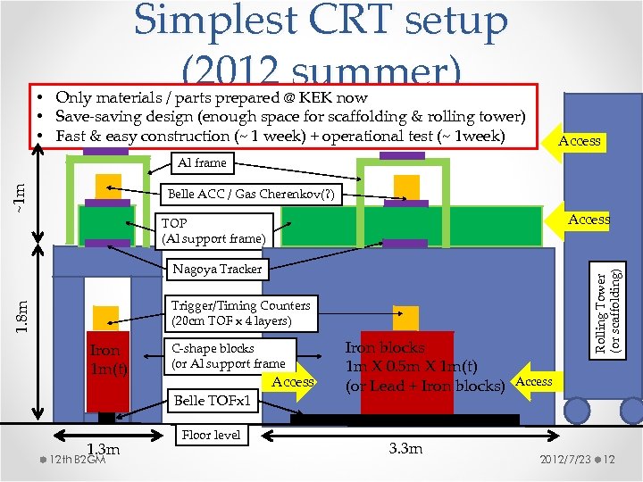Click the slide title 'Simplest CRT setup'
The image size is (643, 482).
pos(321,21)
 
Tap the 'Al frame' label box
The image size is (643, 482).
pos(202,162)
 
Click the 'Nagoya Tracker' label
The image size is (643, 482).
pos(217,269)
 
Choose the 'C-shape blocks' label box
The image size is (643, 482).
pos(228,355)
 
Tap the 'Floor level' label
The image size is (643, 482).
pos(211,435)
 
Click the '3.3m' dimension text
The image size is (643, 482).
pos(406,448)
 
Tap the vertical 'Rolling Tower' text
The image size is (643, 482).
pos(602,312)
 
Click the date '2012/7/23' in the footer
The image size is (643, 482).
pos(564,460)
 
